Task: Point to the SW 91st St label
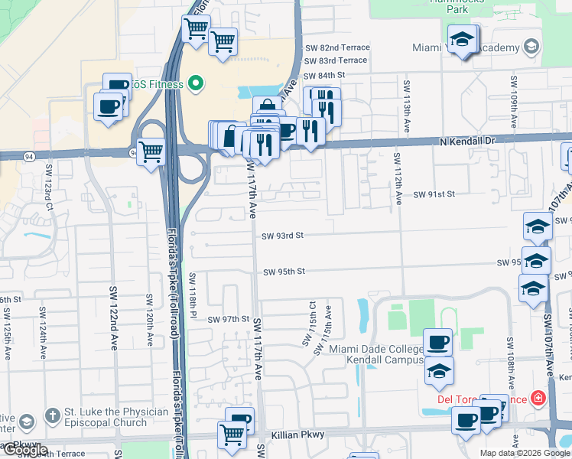pos(434,194)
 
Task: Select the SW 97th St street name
pos(229,319)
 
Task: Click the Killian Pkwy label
pos(303,435)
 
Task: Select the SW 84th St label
pos(325,75)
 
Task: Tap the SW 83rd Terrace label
pos(336,60)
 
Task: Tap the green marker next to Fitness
pos(196,83)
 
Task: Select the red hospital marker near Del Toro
pos(538,399)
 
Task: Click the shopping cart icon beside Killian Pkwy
pos(232,435)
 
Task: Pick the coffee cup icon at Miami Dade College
pos(438,342)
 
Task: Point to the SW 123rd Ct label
pos(49,186)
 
